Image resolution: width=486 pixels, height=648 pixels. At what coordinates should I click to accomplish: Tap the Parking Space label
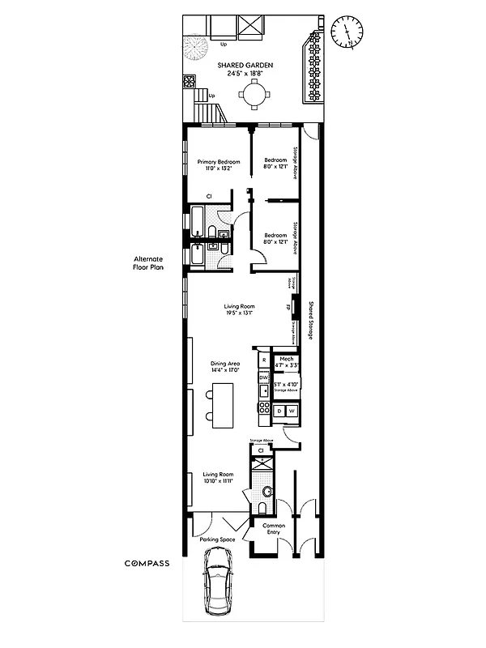(216, 538)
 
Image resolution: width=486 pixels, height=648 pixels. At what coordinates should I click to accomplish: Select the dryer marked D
(279, 411)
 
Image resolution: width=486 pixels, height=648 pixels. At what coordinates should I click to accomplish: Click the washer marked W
(292, 411)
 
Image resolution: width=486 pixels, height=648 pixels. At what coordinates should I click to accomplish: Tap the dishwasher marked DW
(263, 377)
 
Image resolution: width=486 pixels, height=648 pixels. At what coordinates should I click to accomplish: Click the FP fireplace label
(288, 308)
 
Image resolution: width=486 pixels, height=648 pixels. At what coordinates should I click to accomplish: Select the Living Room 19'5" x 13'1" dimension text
(241, 310)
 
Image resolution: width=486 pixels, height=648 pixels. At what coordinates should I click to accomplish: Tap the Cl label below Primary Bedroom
(209, 196)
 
